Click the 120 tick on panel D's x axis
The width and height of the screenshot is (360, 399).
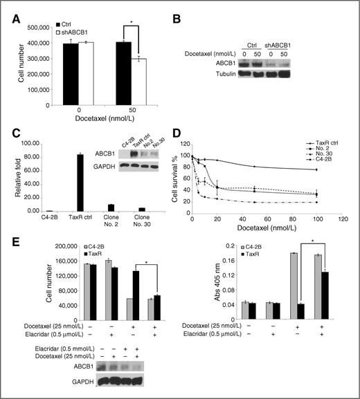pyautogui.click(x=340, y=217)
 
